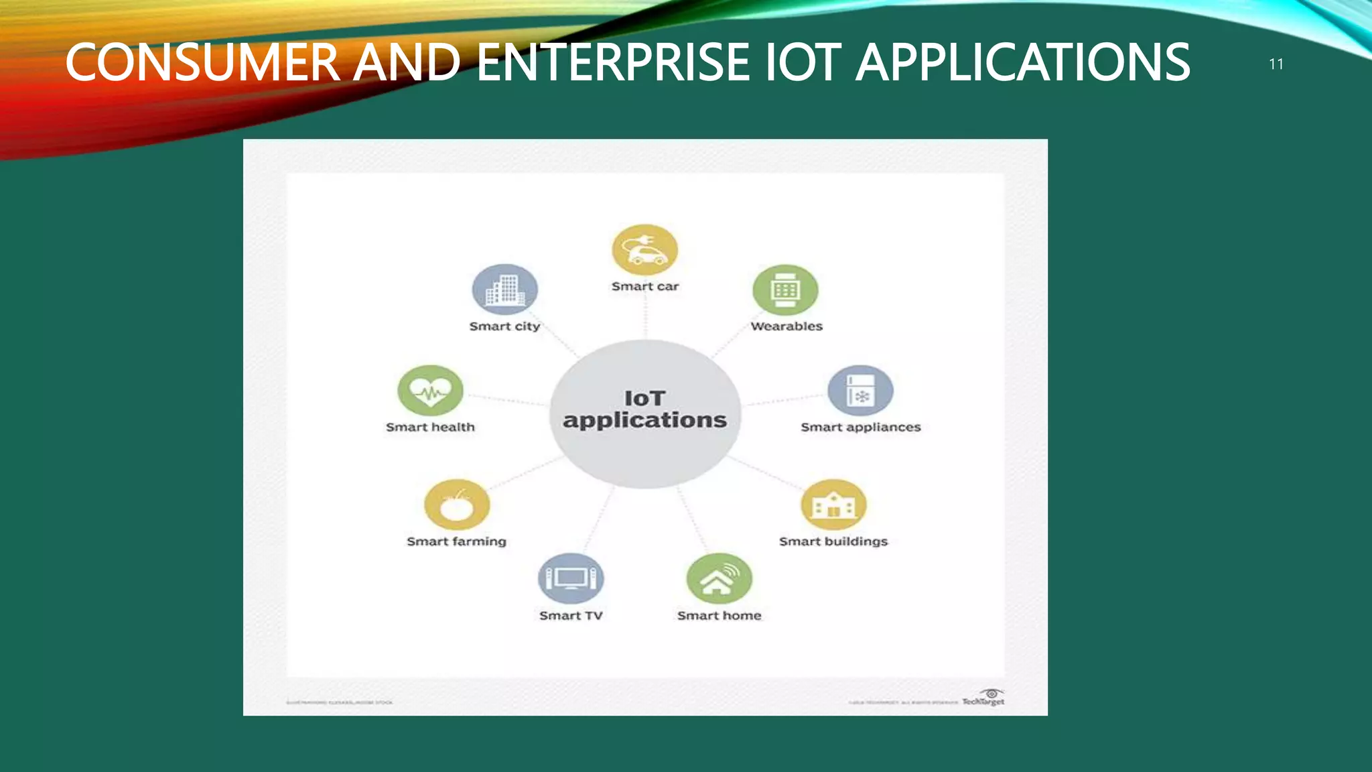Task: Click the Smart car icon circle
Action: [x=644, y=250]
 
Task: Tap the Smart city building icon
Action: [x=505, y=289]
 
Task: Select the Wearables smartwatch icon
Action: [x=785, y=290]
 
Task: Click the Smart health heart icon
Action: [x=430, y=391]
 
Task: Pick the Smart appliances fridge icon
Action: [x=860, y=391]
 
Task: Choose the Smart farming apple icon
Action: [x=457, y=505]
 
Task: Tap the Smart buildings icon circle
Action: [x=833, y=505]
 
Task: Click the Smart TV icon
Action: [x=571, y=578]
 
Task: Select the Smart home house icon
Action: [x=719, y=579]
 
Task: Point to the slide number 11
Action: [x=1276, y=64]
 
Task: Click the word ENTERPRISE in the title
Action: [x=613, y=62]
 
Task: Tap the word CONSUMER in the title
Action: [x=203, y=62]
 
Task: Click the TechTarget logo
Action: [x=984, y=698]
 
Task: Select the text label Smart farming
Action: [x=457, y=541]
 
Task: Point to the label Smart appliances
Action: [x=861, y=428]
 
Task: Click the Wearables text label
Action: [x=786, y=326]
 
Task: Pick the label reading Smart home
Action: [x=719, y=616]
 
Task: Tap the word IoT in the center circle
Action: [x=644, y=399]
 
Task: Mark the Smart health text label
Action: [x=430, y=428]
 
